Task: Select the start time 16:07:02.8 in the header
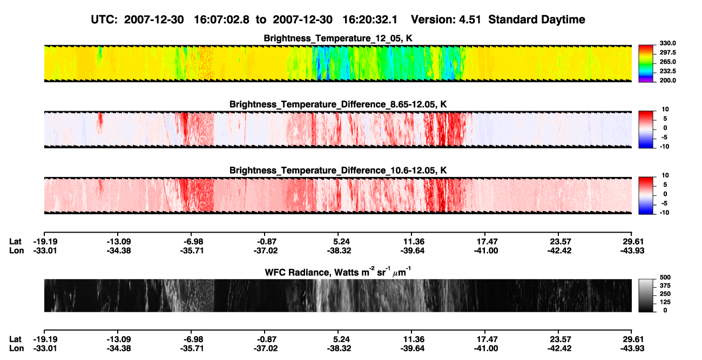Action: pyautogui.click(x=221, y=19)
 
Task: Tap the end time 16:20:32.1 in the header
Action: pyautogui.click(x=370, y=19)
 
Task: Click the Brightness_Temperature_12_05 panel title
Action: pyautogui.click(x=338, y=38)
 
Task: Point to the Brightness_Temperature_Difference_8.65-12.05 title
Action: pyautogui.click(x=338, y=104)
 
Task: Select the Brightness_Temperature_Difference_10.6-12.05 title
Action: pyautogui.click(x=338, y=171)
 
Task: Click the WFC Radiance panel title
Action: pyautogui.click(x=338, y=271)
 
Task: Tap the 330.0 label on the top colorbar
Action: pyautogui.click(x=667, y=43)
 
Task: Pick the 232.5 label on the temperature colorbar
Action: pyautogui.click(x=667, y=71)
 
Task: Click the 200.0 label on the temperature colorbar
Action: pyautogui.click(x=667, y=80)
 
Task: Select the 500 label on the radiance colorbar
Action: pyautogui.click(x=665, y=277)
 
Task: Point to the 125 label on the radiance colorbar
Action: pyautogui.click(x=665, y=302)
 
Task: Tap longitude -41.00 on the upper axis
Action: pyautogui.click(x=486, y=250)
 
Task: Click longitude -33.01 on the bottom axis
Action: pyautogui.click(x=45, y=349)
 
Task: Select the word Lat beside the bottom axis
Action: pyautogui.click(x=15, y=339)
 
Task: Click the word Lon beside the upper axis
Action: pyautogui.click(x=17, y=250)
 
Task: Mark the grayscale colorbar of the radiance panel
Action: pyautogui.click(x=646, y=295)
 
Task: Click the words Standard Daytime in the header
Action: pyautogui.click(x=537, y=19)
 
